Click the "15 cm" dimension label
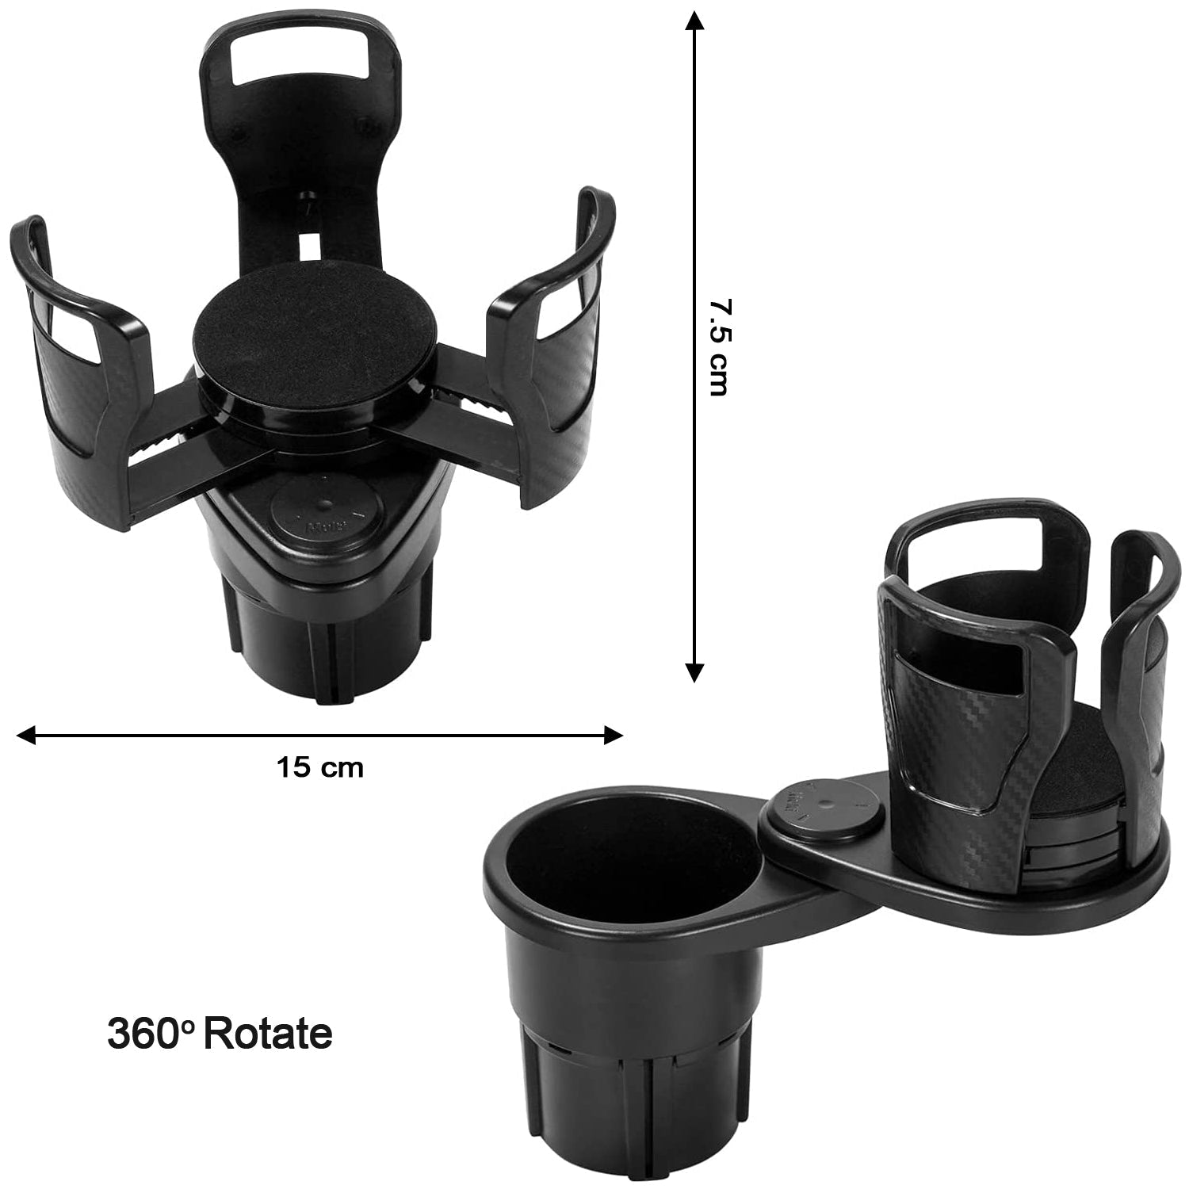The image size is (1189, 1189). (319, 767)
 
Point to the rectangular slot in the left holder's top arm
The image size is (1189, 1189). (292, 60)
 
